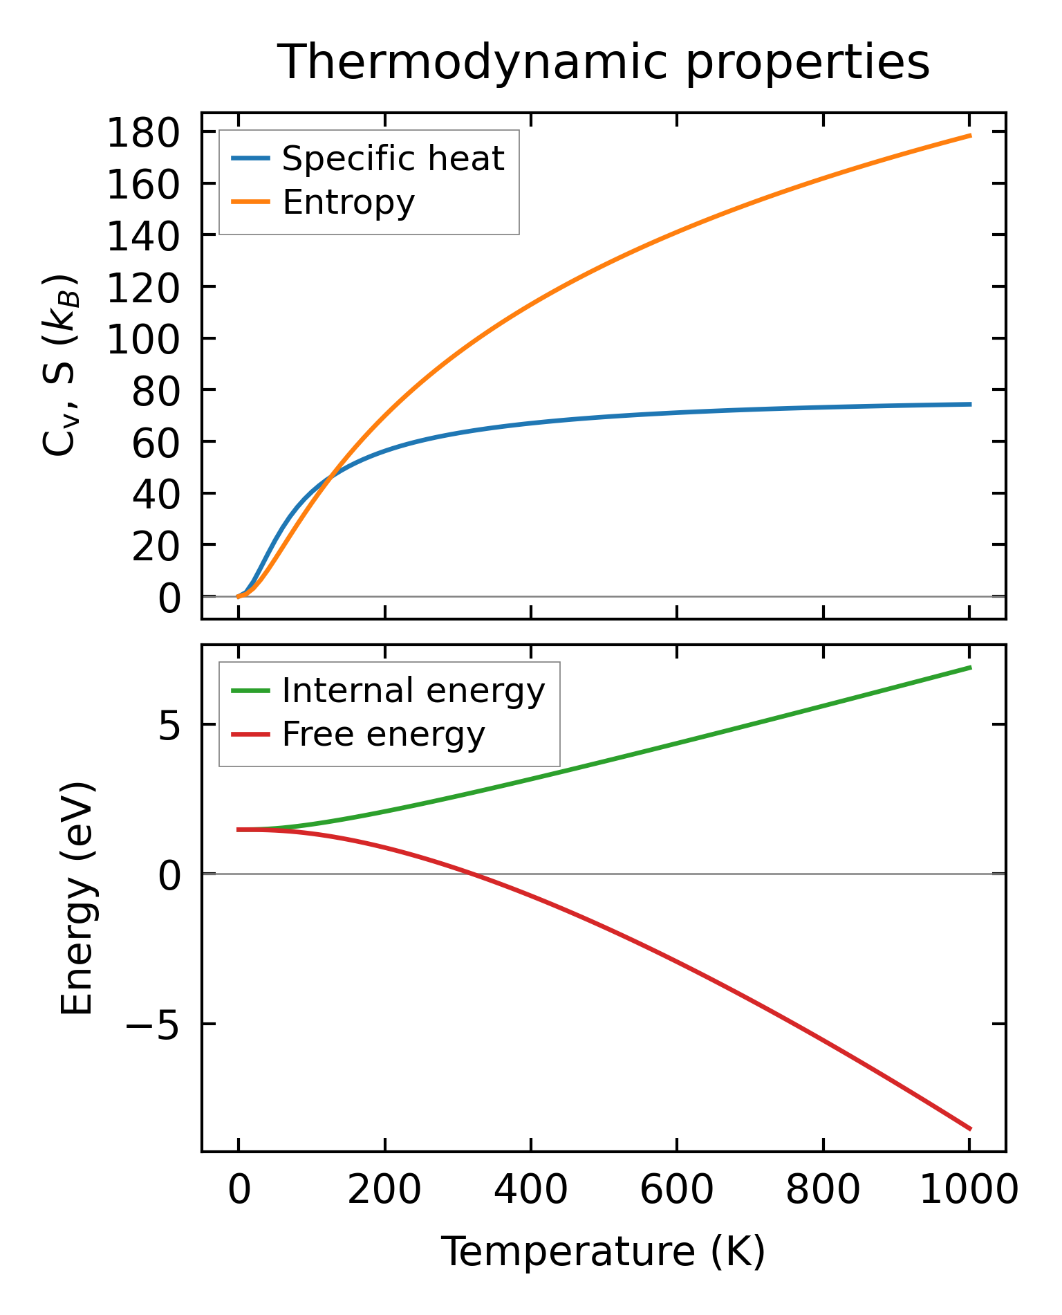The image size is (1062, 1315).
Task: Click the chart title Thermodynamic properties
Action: pyautogui.click(x=603, y=62)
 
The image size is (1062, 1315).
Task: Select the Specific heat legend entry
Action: pyautogui.click(x=393, y=159)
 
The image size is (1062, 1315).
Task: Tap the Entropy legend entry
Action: pyautogui.click(x=348, y=203)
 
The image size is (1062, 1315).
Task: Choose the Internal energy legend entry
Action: pyautogui.click(x=413, y=690)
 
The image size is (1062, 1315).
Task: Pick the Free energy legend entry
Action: pyautogui.click(x=383, y=734)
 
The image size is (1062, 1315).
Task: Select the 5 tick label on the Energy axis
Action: pyautogui.click(x=169, y=726)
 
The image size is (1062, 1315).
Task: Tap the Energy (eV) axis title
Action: pyautogui.click(x=77, y=898)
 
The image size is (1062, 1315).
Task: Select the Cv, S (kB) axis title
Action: pyautogui.click(x=61, y=365)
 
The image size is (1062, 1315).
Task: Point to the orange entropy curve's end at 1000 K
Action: pyautogui.click(x=970, y=136)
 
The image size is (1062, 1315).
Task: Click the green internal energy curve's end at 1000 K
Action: pyautogui.click(x=970, y=668)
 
